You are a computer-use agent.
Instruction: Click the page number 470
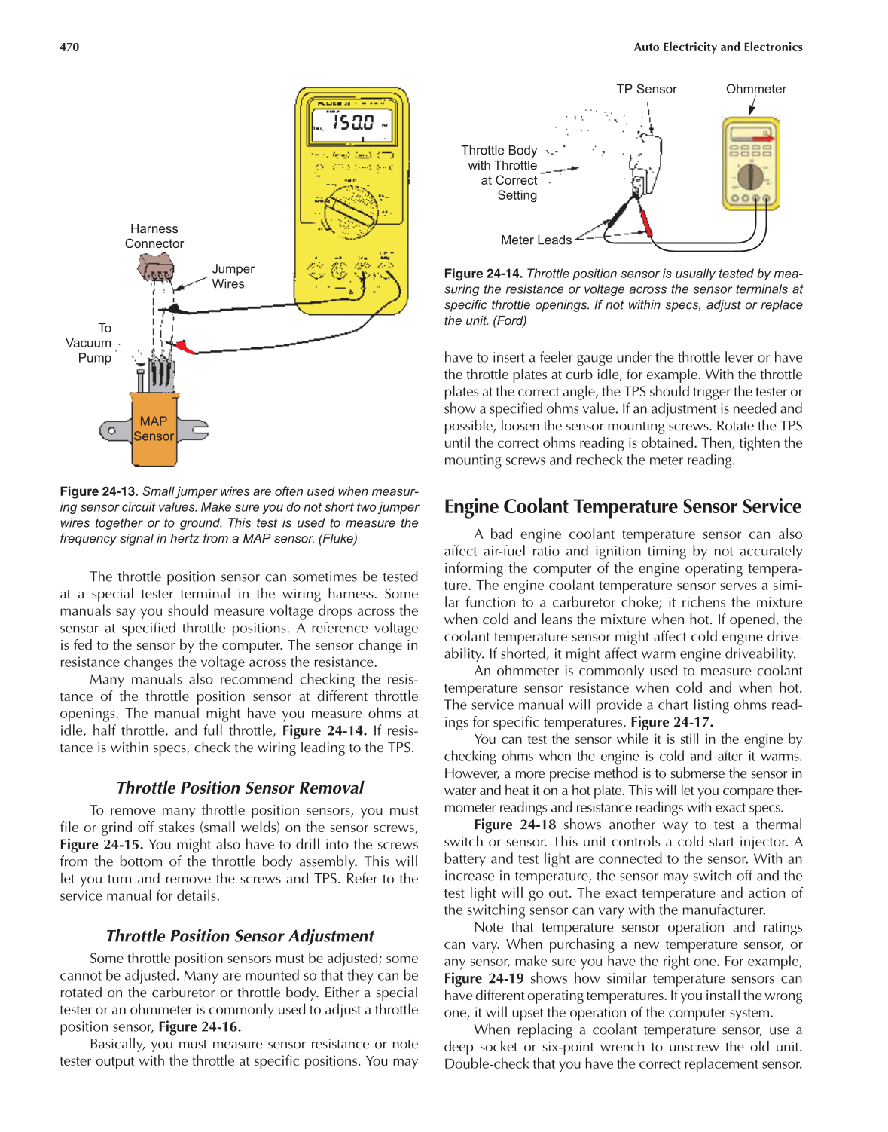point(69,47)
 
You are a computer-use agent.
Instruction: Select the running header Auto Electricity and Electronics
point(717,47)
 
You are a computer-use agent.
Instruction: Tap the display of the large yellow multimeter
point(352,123)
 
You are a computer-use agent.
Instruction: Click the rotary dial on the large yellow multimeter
point(350,210)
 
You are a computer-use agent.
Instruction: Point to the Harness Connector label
point(154,236)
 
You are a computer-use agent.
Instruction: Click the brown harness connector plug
point(156,268)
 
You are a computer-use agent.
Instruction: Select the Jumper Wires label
point(232,276)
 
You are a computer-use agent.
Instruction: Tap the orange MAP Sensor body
point(154,429)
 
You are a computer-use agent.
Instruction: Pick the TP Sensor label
point(645,89)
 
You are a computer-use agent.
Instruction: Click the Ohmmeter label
point(755,89)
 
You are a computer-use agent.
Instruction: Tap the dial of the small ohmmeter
point(749,176)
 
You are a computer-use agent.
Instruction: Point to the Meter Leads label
point(536,240)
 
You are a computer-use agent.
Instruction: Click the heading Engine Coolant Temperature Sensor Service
point(622,506)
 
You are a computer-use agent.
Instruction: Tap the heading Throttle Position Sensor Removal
point(240,788)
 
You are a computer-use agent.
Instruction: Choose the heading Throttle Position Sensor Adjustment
point(240,935)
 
